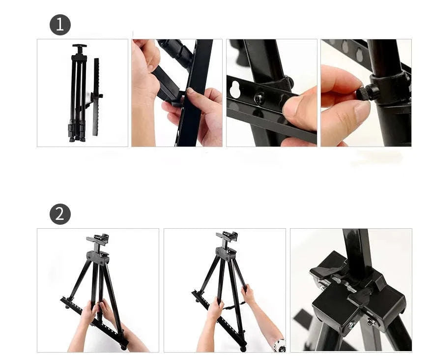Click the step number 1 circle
click(x=60, y=25)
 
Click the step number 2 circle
click(x=60, y=214)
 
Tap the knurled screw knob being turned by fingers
click(x=366, y=92)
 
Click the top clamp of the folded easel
click(x=79, y=47)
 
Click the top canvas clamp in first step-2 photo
click(x=98, y=240)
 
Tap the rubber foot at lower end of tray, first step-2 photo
click(x=123, y=347)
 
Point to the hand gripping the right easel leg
click(x=249, y=295)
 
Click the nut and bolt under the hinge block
click(x=352, y=325)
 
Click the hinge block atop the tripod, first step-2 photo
click(x=97, y=257)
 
